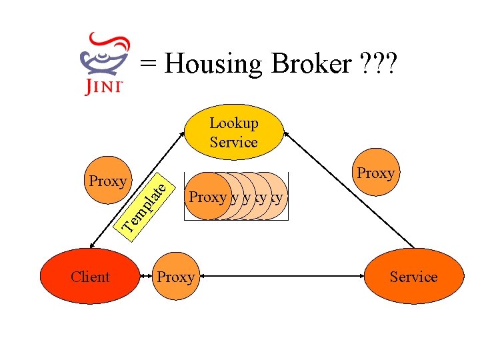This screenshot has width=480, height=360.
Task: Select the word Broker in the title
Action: coord(312,64)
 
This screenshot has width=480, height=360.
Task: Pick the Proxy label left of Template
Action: coord(108,181)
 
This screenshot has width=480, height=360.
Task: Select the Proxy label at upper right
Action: coord(376,173)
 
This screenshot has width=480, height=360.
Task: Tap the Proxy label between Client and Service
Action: coord(175,277)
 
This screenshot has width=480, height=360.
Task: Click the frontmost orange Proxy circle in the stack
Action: coord(207,197)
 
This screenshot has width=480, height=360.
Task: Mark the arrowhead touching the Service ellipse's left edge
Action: coord(363,275)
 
